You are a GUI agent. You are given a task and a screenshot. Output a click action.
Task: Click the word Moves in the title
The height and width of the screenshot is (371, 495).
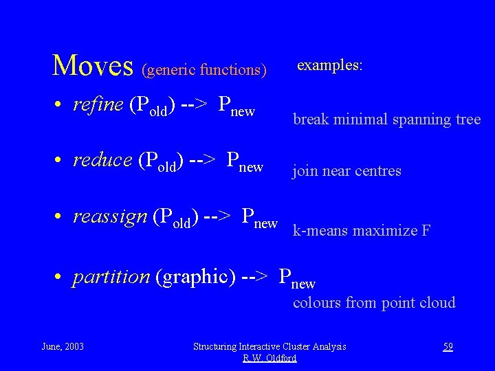point(93,66)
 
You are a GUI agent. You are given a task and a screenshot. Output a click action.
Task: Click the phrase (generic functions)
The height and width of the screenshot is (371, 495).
point(203,69)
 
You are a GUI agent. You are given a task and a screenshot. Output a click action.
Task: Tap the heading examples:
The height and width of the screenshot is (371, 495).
point(330,65)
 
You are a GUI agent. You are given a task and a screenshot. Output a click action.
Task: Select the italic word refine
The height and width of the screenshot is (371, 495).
point(98,105)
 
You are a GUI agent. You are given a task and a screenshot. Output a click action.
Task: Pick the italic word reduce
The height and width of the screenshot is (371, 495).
point(102,160)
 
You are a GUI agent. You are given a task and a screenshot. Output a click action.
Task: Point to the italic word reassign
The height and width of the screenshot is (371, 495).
point(110,216)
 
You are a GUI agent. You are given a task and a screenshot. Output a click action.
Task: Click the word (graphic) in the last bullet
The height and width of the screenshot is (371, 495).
point(197,277)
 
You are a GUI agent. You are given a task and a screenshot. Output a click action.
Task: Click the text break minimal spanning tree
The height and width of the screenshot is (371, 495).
point(387,120)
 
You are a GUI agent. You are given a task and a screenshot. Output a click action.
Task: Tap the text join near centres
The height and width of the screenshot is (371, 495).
point(347,170)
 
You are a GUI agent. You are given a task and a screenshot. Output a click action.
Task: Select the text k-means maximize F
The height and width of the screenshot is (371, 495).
point(362,231)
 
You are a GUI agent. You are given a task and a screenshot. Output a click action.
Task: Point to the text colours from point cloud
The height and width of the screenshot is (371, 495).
point(374,302)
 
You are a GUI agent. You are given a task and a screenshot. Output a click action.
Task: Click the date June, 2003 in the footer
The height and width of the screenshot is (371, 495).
point(63,346)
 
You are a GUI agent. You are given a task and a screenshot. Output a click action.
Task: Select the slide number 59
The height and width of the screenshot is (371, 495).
point(448,347)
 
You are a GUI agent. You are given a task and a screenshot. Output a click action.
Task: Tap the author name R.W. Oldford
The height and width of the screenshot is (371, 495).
point(269,358)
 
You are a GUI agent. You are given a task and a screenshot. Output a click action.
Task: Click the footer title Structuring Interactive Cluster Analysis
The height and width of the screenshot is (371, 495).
point(269,347)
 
